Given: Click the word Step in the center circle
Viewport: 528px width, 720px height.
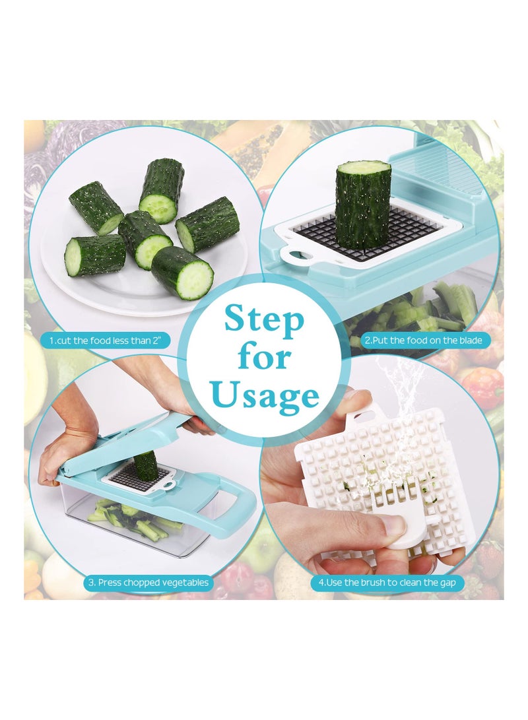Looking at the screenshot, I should pos(264,319).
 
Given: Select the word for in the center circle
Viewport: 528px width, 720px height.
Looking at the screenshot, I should pos(264,357).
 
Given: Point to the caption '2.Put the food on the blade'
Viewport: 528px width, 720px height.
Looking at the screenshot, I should pos(428,341).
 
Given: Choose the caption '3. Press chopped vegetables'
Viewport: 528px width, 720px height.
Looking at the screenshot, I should pos(148,582).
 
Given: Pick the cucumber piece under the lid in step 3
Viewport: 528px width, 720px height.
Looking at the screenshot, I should pos(146,465).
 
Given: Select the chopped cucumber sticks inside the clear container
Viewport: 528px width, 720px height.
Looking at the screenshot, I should pos(132,518).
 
